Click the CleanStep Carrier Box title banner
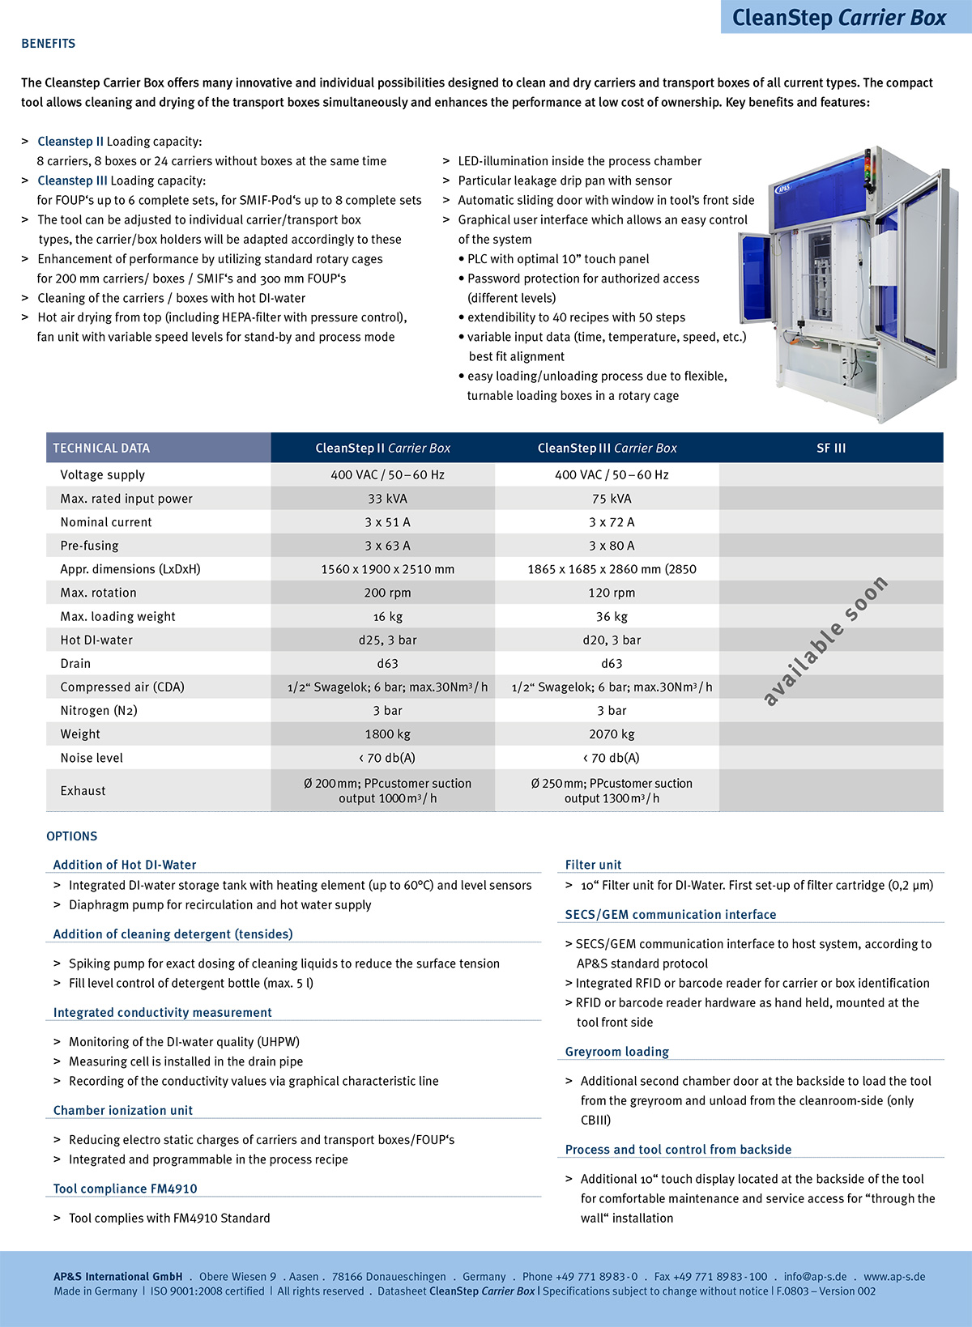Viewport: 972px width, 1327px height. coord(839,17)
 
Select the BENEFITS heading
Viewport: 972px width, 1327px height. coord(49,44)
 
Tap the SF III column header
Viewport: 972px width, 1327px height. coord(831,448)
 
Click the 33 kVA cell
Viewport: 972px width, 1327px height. coord(387,499)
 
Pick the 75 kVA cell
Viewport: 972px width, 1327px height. coord(612,499)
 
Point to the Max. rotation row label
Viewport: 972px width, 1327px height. coord(98,593)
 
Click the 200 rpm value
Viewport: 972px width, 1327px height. coord(387,593)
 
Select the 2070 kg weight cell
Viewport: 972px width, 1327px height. coord(612,734)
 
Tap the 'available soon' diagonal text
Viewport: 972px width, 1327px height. coord(826,640)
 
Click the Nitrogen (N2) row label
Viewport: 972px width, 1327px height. coord(99,711)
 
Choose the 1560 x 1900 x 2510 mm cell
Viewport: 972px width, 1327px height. coord(387,569)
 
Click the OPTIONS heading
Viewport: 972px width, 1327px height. coord(72,836)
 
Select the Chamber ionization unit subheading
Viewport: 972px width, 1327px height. coord(123,1111)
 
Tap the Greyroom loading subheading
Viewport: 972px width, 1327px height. coord(617,1052)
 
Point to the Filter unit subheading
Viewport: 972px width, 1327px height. coord(594,865)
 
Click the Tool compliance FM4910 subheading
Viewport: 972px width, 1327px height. coord(126,1189)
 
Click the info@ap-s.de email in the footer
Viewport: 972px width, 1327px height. coord(815,1277)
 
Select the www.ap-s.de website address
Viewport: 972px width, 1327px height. coord(894,1277)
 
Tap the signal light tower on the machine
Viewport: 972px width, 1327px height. coord(868,166)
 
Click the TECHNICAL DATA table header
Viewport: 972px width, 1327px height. coord(101,448)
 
